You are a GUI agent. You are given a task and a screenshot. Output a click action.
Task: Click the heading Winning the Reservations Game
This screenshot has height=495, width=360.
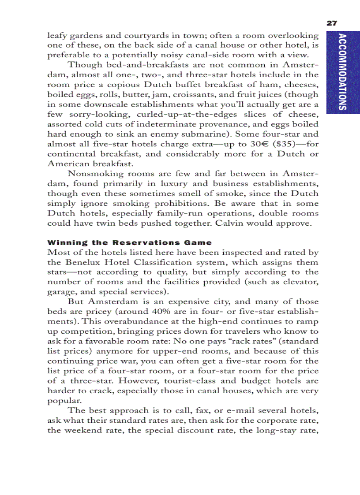[x=129, y=242]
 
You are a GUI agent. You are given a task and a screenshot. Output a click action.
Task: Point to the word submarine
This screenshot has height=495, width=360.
[x=201, y=134]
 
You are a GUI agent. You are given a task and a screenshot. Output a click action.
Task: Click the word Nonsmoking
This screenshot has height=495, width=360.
[x=92, y=174]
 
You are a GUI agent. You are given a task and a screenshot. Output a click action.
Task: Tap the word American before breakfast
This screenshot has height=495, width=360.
[x=68, y=164]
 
